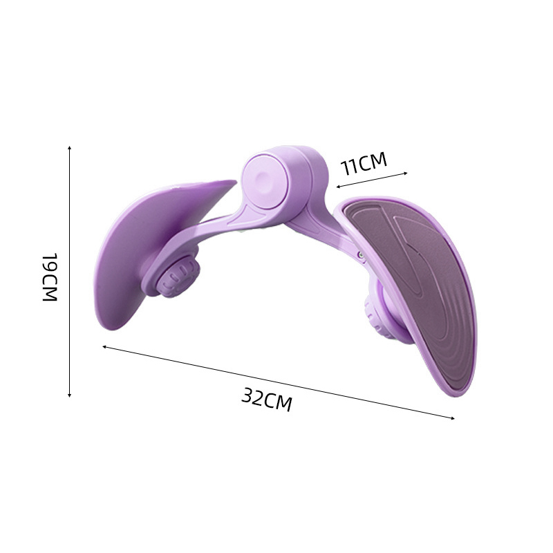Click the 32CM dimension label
(x=267, y=400)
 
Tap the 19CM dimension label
(x=50, y=277)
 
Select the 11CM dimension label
(x=364, y=164)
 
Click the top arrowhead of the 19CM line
(x=70, y=148)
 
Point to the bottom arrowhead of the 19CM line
(x=70, y=395)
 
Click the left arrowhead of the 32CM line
(x=105, y=347)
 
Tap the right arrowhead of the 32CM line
(x=452, y=418)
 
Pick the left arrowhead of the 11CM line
(x=338, y=187)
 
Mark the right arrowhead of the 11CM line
(x=405, y=174)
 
